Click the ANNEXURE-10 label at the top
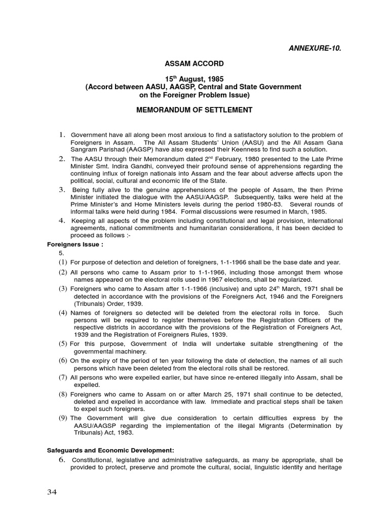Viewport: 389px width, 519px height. point(311,48)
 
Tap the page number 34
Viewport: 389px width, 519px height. point(52,492)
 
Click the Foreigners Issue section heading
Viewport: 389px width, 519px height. point(68,244)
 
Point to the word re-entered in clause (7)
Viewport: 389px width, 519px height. point(229,377)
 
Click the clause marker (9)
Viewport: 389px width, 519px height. point(63,418)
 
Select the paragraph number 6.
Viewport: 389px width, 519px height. point(62,459)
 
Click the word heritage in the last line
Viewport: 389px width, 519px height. point(330,467)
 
